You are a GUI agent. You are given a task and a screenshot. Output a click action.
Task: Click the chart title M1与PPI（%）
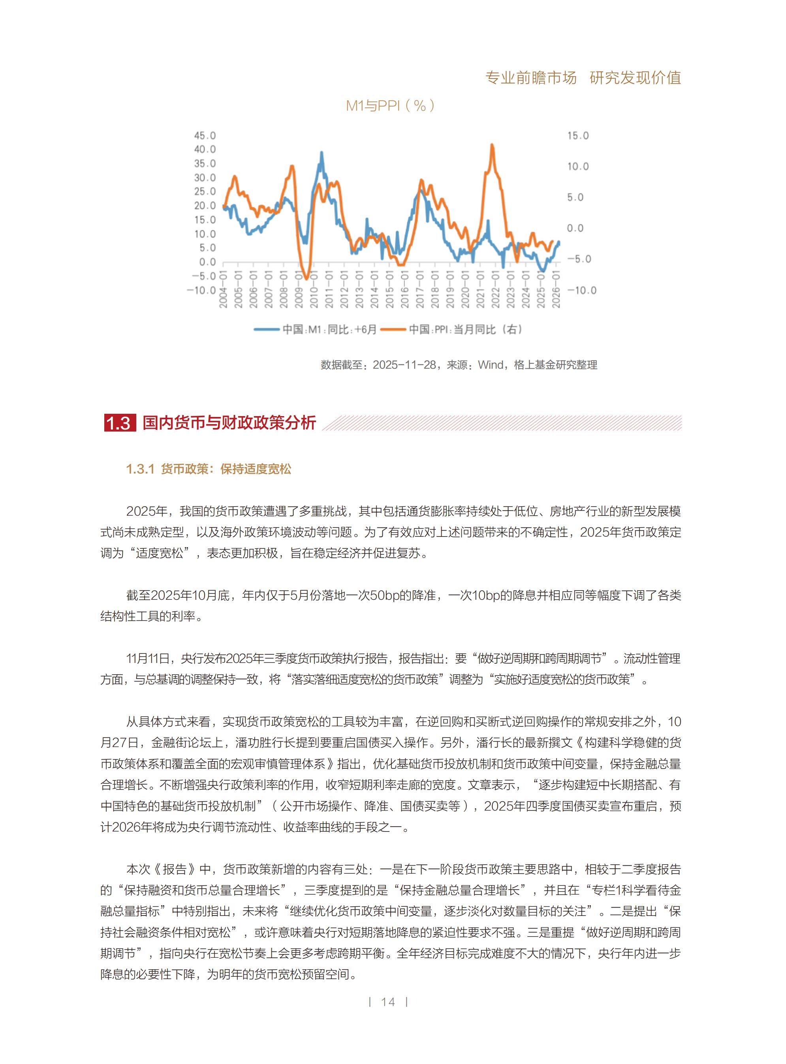(x=390, y=105)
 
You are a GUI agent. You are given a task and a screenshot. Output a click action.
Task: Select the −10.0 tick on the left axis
(x=201, y=290)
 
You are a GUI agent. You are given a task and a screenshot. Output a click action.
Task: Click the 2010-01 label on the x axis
(x=314, y=290)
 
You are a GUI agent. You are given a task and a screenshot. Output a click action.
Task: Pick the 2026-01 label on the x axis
(x=556, y=290)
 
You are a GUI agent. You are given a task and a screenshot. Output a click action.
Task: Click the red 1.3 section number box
(x=119, y=422)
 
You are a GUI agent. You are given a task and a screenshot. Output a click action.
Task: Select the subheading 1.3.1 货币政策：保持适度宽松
(x=209, y=469)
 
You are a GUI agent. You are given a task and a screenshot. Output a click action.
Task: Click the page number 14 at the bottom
(x=388, y=1002)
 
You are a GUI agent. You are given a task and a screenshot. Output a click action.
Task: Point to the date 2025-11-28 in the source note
(x=404, y=365)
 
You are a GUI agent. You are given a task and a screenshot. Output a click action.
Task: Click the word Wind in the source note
(x=491, y=365)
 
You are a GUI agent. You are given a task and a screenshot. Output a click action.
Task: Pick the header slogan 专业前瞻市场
(x=530, y=77)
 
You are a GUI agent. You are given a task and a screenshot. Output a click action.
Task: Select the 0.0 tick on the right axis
(x=575, y=228)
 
